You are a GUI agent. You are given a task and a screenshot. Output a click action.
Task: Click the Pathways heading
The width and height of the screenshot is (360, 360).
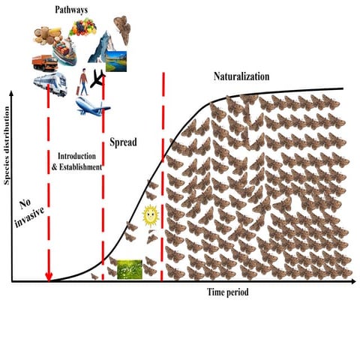pyautogui.click(x=71, y=10)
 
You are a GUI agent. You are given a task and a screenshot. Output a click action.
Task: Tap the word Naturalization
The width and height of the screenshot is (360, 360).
pyautogui.click(x=241, y=76)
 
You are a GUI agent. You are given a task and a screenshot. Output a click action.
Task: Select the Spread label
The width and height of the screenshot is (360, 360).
pyautogui.click(x=123, y=142)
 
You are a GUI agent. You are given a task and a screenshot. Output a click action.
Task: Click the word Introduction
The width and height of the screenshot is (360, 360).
pyautogui.click(x=76, y=156)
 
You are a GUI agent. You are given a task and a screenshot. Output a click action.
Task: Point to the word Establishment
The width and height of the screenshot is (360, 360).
pyautogui.click(x=80, y=167)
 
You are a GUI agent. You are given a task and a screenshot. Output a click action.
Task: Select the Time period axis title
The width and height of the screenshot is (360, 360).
pyautogui.click(x=228, y=292)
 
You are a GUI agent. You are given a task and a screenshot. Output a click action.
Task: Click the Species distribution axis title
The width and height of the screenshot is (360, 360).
pyautogui.click(x=7, y=145)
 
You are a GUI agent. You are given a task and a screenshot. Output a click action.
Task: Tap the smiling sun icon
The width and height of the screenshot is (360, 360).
pyautogui.click(x=151, y=215)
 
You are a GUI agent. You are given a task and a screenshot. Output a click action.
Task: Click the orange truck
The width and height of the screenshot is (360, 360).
pyautogui.click(x=45, y=63)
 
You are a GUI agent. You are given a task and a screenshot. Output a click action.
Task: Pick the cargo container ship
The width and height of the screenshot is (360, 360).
pyautogui.click(x=64, y=51)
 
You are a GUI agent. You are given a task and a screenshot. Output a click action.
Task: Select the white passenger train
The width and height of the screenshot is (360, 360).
pyautogui.click(x=50, y=84)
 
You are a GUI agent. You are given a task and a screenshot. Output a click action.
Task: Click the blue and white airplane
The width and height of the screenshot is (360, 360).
pyautogui.click(x=92, y=106)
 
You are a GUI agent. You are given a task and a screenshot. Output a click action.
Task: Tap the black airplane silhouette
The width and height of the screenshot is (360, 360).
pyautogui.click(x=97, y=79)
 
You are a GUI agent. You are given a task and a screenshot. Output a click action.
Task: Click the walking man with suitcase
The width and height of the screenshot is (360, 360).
pyautogui.click(x=83, y=82)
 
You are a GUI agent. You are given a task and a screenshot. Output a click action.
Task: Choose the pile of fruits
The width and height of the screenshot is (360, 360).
pyautogui.click(x=82, y=27)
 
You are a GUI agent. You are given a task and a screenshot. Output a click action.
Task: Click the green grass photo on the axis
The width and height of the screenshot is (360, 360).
pyautogui.click(x=130, y=269)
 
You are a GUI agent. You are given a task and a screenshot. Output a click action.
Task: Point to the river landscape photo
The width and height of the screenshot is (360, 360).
pyautogui.click(x=116, y=61)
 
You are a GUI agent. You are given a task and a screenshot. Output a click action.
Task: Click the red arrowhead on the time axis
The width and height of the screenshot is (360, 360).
pyautogui.click(x=49, y=277)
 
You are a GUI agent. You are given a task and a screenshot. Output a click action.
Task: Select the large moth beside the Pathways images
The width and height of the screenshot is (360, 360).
pyautogui.click(x=122, y=30)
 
